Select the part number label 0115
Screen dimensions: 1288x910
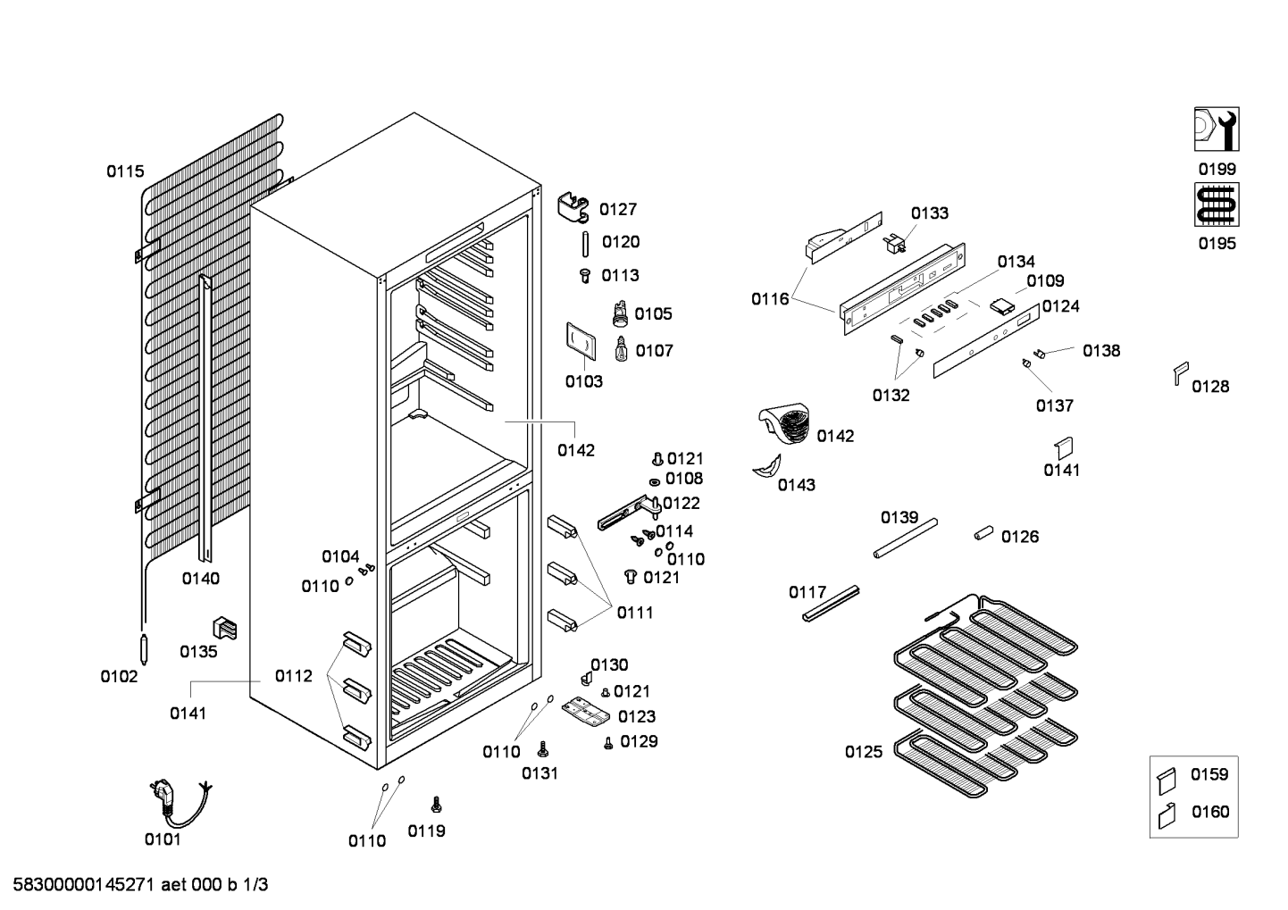125,171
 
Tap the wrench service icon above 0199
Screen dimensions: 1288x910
1217,129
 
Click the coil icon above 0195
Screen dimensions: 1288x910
1217,205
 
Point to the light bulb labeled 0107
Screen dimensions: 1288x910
621,349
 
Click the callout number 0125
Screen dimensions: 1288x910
864,752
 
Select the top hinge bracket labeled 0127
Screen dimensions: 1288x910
573,207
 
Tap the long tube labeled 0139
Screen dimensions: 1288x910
906,538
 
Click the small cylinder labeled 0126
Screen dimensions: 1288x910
983,533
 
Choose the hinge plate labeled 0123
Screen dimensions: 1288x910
585,712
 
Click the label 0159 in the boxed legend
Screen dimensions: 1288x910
1209,774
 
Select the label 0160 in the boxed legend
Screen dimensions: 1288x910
1210,812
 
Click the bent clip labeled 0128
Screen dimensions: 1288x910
1181,373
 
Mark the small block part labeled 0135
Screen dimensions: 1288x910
225,628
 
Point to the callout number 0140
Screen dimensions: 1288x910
201,579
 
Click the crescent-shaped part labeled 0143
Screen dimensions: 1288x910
767,465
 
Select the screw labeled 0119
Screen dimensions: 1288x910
437,805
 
